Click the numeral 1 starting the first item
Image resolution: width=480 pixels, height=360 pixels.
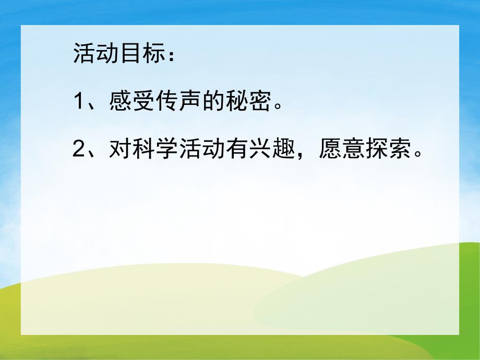point(79,102)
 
